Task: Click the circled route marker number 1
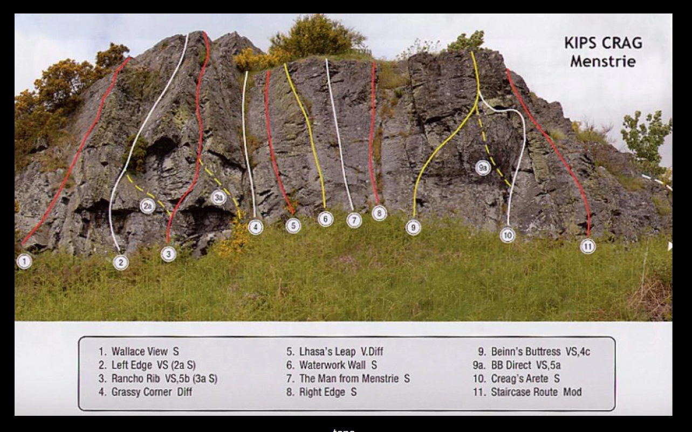(x=24, y=262)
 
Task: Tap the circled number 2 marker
(x=121, y=263)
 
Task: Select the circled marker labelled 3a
(x=219, y=197)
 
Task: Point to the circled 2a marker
(x=148, y=206)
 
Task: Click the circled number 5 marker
(x=293, y=225)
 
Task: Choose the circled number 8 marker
(x=380, y=213)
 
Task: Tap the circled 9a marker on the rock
(x=483, y=168)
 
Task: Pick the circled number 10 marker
(x=508, y=236)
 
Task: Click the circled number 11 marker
(x=588, y=246)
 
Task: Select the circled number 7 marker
(x=354, y=221)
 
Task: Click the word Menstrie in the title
(x=602, y=61)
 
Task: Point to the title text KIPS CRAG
(x=604, y=43)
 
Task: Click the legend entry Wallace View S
(x=139, y=351)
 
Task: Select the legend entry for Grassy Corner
(x=145, y=392)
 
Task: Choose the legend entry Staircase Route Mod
(x=527, y=392)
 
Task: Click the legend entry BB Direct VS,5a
(x=517, y=365)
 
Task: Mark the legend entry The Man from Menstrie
(x=348, y=379)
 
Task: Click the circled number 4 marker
(x=256, y=227)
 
